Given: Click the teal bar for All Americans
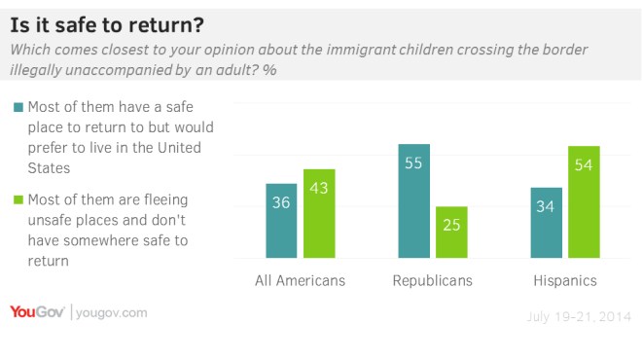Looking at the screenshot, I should [281, 222].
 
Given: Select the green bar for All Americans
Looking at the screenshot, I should [319, 214].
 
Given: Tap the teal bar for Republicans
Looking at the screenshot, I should [413, 201].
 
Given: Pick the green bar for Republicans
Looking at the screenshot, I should [451, 234].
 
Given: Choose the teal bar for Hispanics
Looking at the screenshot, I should [546, 224].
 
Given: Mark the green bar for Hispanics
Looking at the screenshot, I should [584, 202].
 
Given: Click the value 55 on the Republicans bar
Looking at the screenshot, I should [413, 163].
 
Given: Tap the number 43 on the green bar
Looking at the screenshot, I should [319, 188].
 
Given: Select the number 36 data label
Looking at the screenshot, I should [281, 202].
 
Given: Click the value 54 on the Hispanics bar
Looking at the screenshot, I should [584, 165].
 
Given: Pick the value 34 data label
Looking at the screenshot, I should [546, 206].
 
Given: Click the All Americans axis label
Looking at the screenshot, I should [300, 280].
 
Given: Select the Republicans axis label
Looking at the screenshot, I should [432, 280].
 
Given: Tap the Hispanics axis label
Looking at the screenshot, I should [564, 280].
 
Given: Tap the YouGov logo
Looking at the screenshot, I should [36, 312].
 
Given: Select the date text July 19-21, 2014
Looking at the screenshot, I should [578, 317].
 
